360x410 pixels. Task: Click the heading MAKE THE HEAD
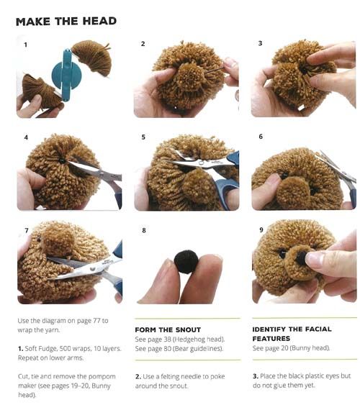(x=66, y=21)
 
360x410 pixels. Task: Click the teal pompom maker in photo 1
(x=67, y=75)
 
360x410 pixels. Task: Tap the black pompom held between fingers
(x=186, y=262)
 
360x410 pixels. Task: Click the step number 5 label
(x=143, y=137)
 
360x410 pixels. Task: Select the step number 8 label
(x=144, y=230)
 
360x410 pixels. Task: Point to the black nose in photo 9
(x=302, y=257)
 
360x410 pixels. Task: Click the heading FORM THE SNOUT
(x=168, y=329)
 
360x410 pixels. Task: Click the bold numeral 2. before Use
(x=138, y=376)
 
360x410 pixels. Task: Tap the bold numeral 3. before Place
(x=256, y=376)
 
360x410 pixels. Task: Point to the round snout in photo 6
(x=294, y=190)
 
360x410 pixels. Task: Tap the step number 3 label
(x=260, y=43)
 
